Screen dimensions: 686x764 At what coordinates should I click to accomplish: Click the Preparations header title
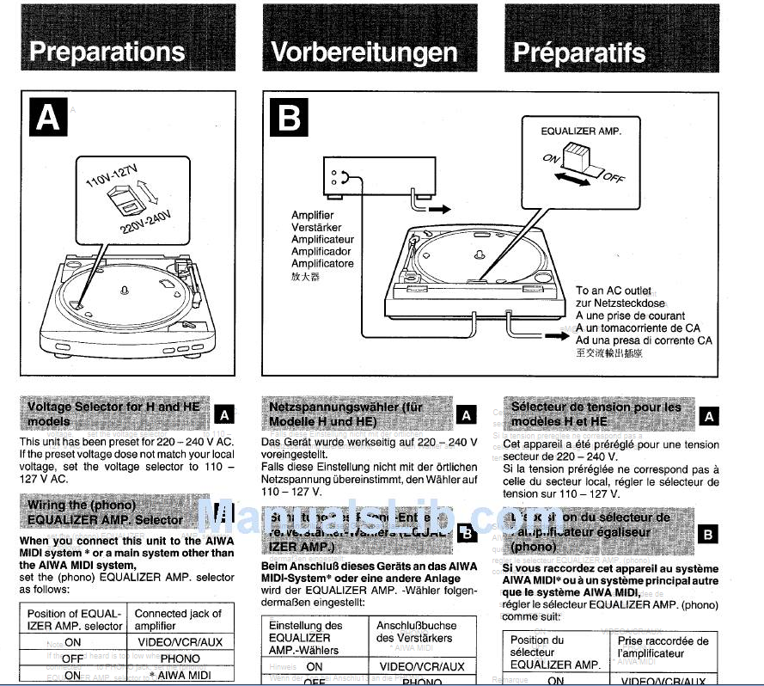point(107,52)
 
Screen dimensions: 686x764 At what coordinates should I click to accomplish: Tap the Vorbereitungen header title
point(364,52)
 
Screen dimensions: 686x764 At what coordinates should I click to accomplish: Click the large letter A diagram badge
point(48,117)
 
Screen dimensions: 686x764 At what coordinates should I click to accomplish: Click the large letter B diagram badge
point(290,117)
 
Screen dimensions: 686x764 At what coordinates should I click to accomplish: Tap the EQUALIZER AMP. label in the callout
point(580,132)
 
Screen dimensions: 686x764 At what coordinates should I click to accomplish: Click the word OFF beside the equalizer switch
point(614,177)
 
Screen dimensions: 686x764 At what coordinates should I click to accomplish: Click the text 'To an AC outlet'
point(614,291)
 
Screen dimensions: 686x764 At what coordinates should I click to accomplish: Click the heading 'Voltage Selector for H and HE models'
point(113,413)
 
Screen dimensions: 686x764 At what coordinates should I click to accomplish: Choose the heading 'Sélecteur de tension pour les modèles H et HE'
point(596,413)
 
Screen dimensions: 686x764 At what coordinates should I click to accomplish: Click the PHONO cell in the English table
point(180,658)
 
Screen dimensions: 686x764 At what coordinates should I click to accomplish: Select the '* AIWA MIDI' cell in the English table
point(185,676)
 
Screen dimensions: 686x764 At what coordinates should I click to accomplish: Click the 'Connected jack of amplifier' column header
point(178,619)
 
